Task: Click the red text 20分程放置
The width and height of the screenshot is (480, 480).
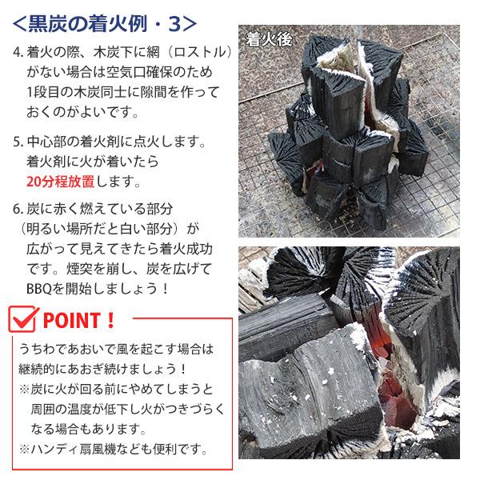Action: coord(61,179)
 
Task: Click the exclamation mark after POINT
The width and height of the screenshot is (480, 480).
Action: coord(111,322)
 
